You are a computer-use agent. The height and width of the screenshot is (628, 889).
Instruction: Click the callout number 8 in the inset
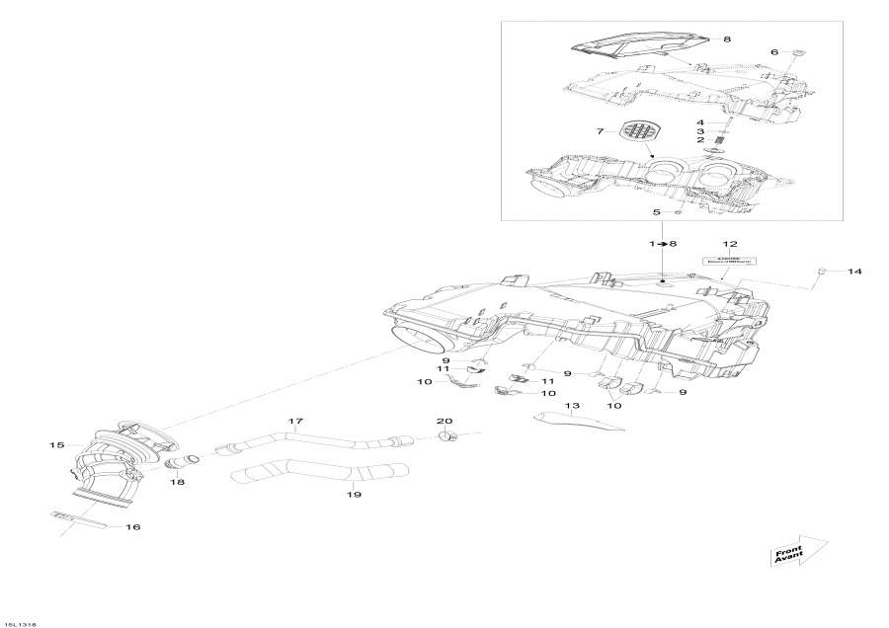tap(727, 39)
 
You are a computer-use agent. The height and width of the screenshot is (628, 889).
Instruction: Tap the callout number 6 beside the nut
tap(774, 51)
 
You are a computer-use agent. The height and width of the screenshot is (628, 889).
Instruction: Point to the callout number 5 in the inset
tap(654, 211)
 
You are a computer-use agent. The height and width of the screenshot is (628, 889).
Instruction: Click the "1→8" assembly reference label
tap(662, 243)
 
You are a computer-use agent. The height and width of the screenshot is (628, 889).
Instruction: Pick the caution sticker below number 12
tap(729, 262)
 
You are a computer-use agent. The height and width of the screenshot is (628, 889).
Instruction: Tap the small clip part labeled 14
tap(822, 270)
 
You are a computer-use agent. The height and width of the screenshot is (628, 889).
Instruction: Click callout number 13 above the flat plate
tap(572, 406)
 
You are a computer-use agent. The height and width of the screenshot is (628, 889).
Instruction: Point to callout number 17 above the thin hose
tap(294, 423)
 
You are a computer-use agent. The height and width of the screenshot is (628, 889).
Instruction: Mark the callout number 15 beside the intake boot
tap(57, 445)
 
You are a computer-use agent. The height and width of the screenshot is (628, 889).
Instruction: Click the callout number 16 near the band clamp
tap(132, 527)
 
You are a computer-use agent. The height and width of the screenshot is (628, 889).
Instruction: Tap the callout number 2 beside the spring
tap(700, 140)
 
